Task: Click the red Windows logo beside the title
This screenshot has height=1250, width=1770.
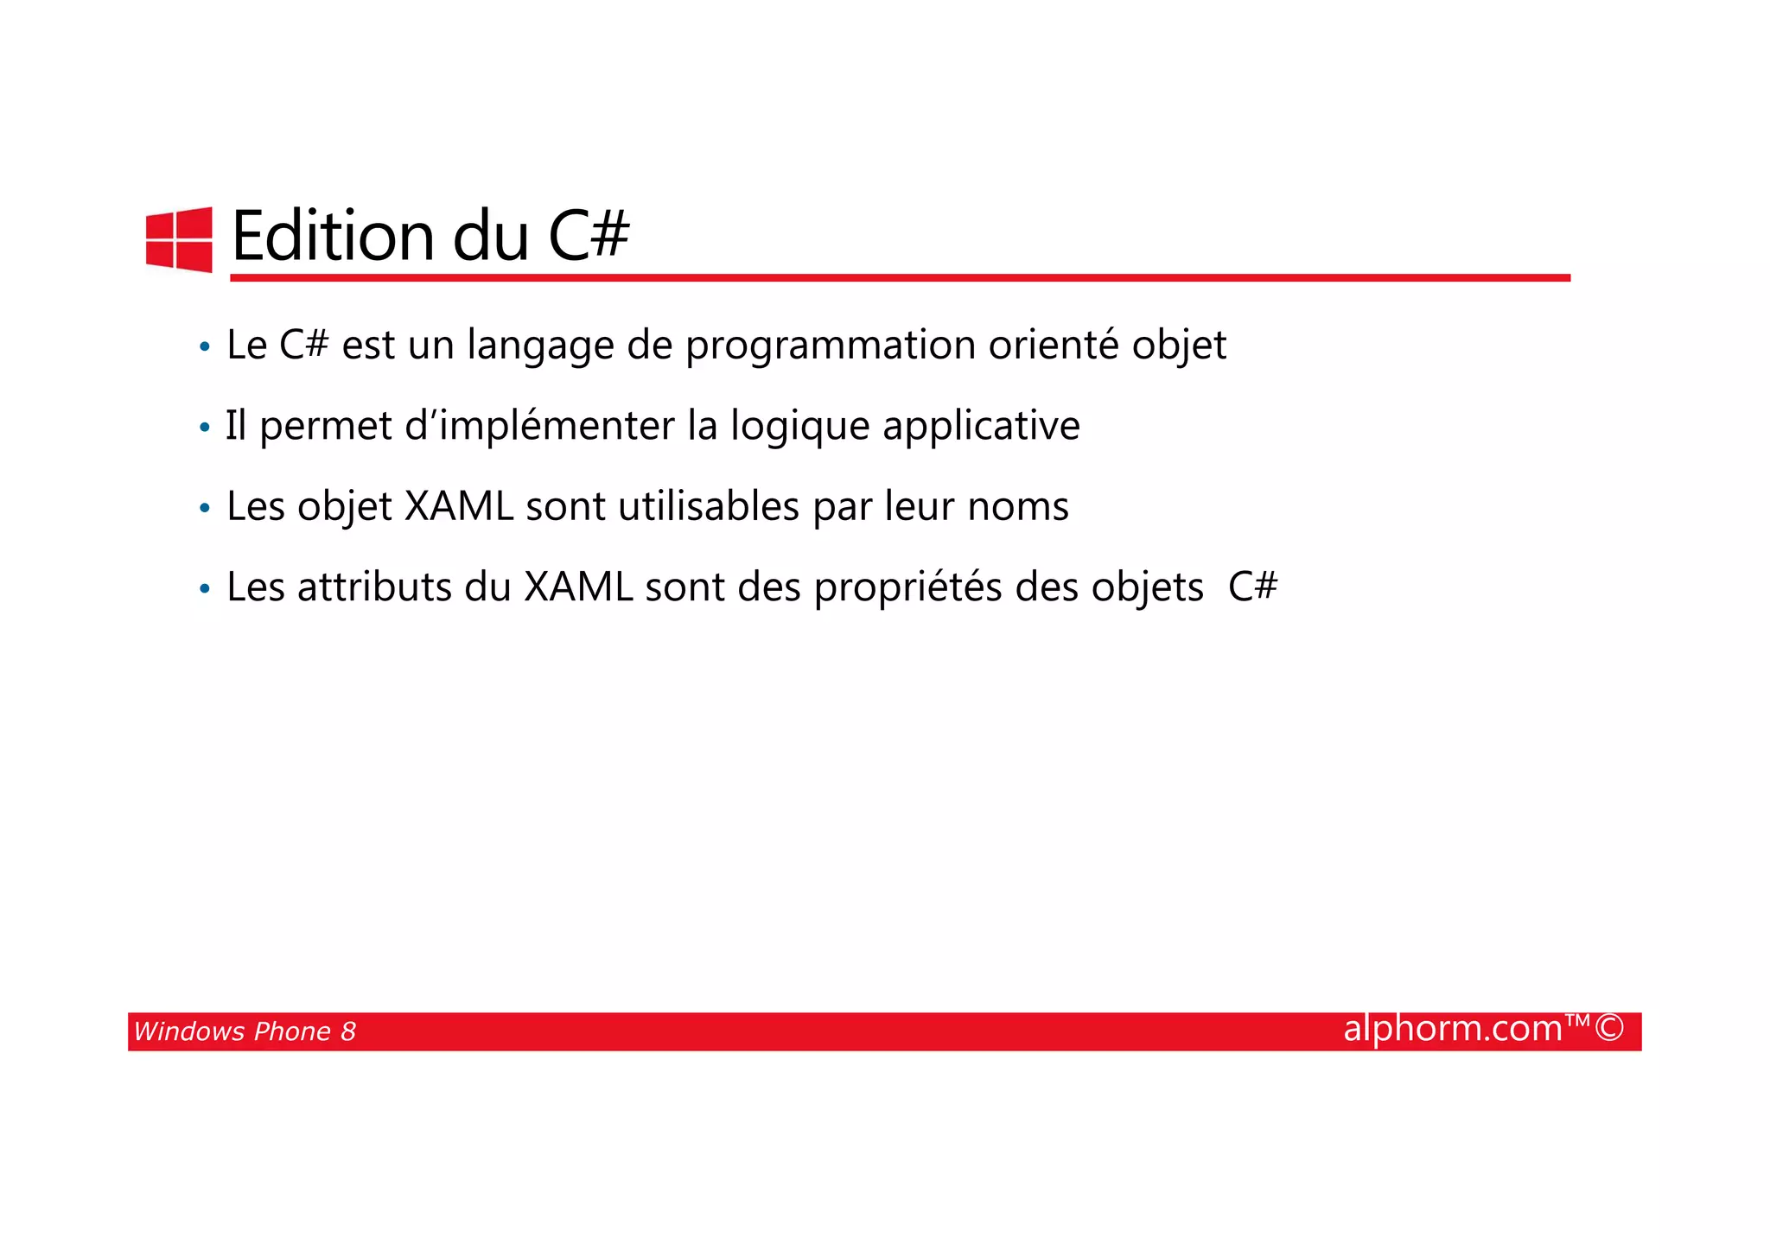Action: pyautogui.click(x=179, y=239)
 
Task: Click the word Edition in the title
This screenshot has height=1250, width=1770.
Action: pyautogui.click(x=333, y=236)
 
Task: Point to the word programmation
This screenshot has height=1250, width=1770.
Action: pyautogui.click(x=830, y=346)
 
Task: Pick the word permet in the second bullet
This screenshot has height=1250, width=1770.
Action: pyautogui.click(x=326, y=426)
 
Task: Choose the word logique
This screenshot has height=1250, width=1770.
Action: pyautogui.click(x=799, y=427)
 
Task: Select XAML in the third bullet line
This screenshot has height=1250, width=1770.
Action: pyautogui.click(x=459, y=506)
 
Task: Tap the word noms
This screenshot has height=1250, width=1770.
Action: pyautogui.click(x=1018, y=506)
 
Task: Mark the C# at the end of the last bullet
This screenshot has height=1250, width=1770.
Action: pyautogui.click(x=1252, y=587)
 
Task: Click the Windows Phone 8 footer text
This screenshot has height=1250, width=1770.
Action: pyautogui.click(x=245, y=1031)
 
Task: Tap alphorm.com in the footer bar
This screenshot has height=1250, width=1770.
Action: pyautogui.click(x=1453, y=1029)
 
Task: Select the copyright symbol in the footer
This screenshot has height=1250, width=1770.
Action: pyautogui.click(x=1609, y=1029)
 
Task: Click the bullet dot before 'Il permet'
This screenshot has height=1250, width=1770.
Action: pyautogui.click(x=205, y=428)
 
